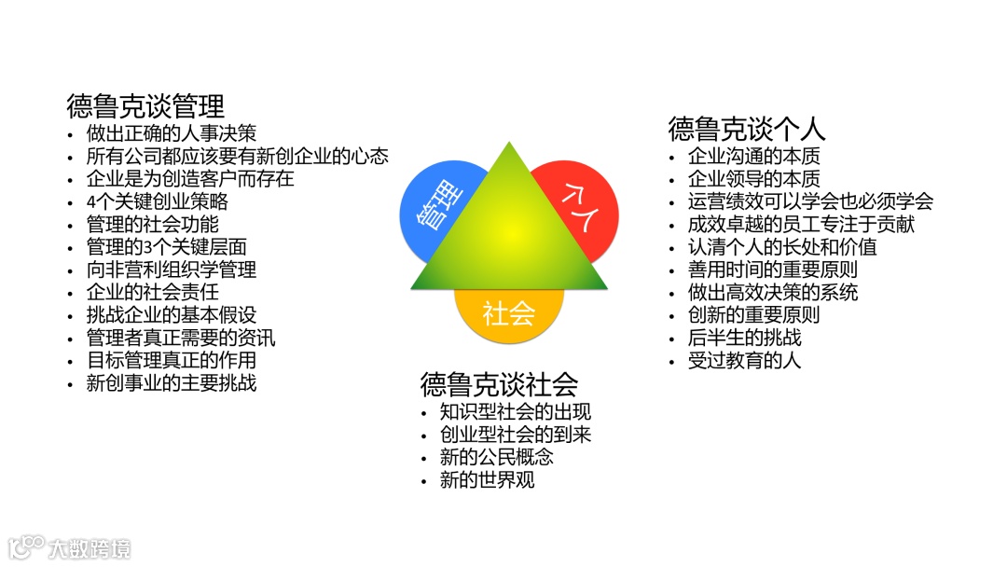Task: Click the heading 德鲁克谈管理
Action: pyautogui.click(x=145, y=104)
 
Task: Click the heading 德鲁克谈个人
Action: pyautogui.click(x=747, y=128)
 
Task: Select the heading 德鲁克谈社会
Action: pyautogui.click(x=499, y=383)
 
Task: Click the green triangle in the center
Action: pyautogui.click(x=508, y=233)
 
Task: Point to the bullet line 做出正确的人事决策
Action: pyautogui.click(x=172, y=133)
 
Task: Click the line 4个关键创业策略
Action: pyautogui.click(x=158, y=201)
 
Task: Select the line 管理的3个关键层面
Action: pyautogui.click(x=167, y=246)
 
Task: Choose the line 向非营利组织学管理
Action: pyautogui.click(x=172, y=270)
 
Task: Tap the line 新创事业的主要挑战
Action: pyautogui.click(x=172, y=382)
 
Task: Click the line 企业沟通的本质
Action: pyautogui.click(x=754, y=156)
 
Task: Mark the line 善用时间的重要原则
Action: pyautogui.click(x=773, y=270)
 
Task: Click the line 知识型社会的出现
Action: pyautogui.click(x=516, y=411)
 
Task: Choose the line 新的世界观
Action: pyautogui.click(x=488, y=480)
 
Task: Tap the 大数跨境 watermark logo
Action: pyautogui.click(x=70, y=546)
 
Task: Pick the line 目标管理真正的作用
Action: pyautogui.click(x=172, y=360)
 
